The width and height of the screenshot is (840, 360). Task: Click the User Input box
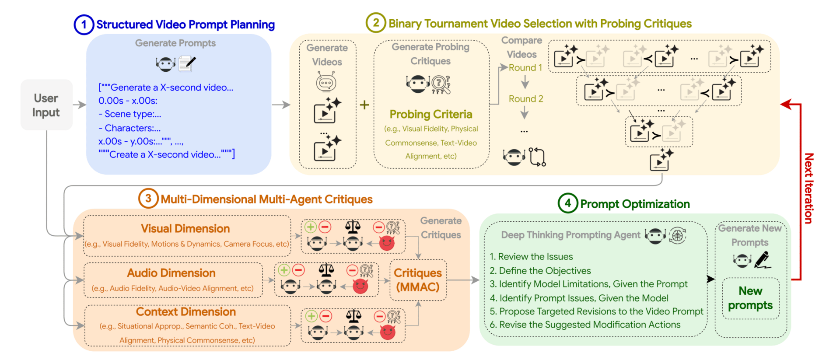click(x=46, y=105)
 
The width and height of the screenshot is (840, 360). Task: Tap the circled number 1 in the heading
click(x=84, y=24)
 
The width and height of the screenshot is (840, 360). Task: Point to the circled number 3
click(x=148, y=199)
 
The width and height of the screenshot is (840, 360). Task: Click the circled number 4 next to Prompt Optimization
click(x=568, y=203)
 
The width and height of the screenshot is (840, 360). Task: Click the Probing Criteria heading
click(x=431, y=114)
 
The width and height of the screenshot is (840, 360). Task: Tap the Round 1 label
click(x=525, y=68)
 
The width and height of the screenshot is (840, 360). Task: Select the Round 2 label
click(x=526, y=99)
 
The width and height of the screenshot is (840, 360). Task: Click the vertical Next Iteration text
click(x=808, y=188)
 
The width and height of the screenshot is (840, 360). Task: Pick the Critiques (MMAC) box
click(x=418, y=280)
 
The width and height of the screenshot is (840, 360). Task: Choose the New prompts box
click(x=750, y=298)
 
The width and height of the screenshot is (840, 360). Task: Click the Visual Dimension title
click(x=185, y=228)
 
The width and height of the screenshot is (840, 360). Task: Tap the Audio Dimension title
click(x=171, y=273)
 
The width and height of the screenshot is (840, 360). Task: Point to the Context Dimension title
click(x=185, y=311)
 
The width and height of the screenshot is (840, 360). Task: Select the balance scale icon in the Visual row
click(x=353, y=227)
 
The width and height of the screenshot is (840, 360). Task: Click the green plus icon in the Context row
click(x=311, y=316)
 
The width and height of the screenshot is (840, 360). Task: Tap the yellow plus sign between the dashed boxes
click(x=364, y=105)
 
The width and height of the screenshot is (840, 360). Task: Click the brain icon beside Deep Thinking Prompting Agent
click(x=678, y=236)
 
